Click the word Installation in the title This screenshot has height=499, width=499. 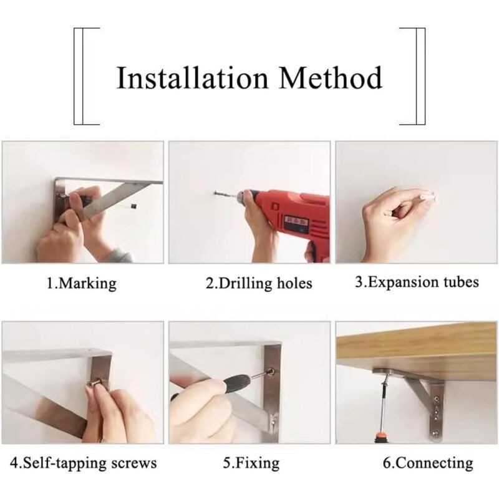click(x=192, y=77)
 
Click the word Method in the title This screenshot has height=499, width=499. click(x=331, y=77)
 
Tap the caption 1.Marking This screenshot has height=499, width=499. click(x=82, y=283)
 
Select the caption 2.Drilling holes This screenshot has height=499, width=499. click(x=259, y=283)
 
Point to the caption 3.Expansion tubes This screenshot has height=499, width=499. click(x=417, y=283)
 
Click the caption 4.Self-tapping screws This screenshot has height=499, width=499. click(x=84, y=463)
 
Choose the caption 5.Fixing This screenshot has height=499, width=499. click(x=251, y=463)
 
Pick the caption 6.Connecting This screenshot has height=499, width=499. click(x=428, y=463)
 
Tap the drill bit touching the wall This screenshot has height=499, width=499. click(x=225, y=193)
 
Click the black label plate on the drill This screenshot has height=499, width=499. click(x=295, y=224)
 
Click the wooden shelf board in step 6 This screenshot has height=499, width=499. click(x=416, y=347)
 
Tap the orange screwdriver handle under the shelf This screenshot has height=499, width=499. click(x=380, y=436)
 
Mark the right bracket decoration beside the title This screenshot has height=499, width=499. click(x=417, y=76)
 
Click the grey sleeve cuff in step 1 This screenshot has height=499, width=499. click(x=120, y=255)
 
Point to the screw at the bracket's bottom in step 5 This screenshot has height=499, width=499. click(x=273, y=423)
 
